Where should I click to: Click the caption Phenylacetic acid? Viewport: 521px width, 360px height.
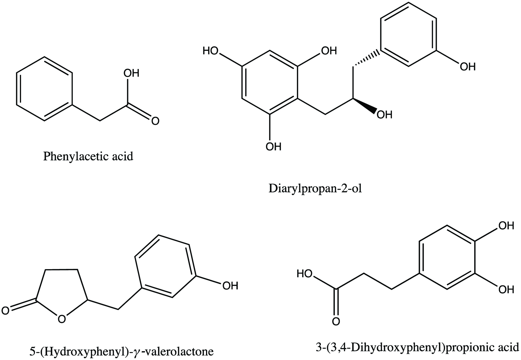pyautogui.click(x=88, y=157)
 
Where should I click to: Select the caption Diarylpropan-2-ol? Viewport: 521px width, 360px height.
pyautogui.click(x=315, y=189)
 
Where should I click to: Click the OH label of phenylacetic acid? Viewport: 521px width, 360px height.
pyautogui.click(x=131, y=73)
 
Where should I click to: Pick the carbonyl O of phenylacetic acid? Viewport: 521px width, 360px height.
pyautogui.click(x=155, y=121)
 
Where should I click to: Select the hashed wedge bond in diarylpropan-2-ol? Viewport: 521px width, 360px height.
pyautogui.click(x=366, y=59)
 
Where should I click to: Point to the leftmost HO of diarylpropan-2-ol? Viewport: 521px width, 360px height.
pyautogui.click(x=211, y=51)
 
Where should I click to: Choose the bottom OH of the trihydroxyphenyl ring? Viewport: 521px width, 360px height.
pyautogui.click(x=274, y=146)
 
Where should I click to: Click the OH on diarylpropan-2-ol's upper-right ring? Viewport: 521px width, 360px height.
pyautogui.click(x=468, y=67)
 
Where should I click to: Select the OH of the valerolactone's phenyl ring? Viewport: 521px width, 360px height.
pyautogui.click(x=230, y=285)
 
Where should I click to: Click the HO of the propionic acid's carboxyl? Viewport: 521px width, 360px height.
pyautogui.click(x=305, y=274)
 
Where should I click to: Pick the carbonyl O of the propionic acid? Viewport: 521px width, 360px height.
pyautogui.click(x=336, y=321)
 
